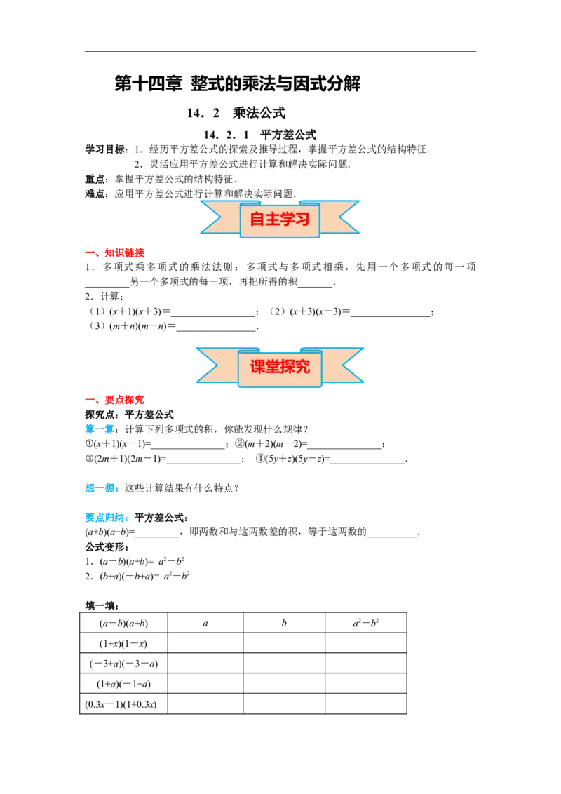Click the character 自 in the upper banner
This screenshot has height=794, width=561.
tap(257, 220)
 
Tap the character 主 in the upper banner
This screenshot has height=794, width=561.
tap(272, 220)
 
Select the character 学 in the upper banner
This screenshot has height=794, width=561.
tap(288, 220)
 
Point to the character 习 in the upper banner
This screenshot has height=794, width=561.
tap(302, 220)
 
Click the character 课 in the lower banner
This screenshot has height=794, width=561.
tap(257, 366)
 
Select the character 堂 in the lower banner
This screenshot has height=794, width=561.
tap(272, 366)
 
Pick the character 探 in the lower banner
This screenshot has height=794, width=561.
tap(288, 366)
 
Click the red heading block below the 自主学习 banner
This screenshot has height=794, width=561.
tap(124, 253)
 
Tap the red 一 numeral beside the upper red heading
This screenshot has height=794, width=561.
tap(91, 253)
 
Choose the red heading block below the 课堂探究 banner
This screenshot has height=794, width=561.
tap(124, 400)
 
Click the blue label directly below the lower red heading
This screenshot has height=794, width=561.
tap(99, 429)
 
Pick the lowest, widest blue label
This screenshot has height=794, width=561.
tap(106, 519)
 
